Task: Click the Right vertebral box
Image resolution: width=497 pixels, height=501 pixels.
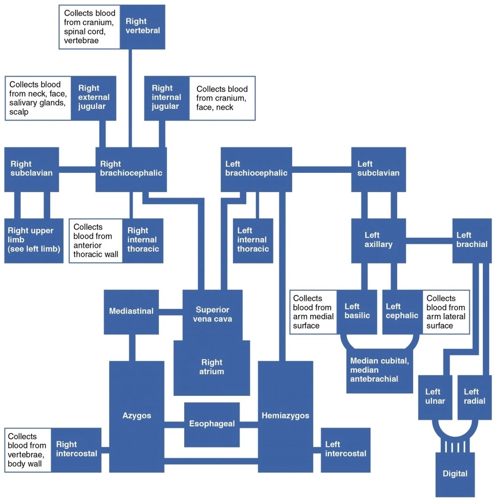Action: click(142, 27)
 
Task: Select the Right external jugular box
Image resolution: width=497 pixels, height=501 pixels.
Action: click(94, 98)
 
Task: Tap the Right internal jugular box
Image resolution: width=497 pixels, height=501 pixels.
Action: click(166, 98)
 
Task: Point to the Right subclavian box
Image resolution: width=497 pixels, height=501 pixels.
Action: click(32, 169)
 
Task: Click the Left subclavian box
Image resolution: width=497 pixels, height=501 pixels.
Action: click(378, 169)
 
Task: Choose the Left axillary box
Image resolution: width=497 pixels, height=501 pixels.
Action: click(378, 240)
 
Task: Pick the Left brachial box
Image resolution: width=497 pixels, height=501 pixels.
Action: click(472, 240)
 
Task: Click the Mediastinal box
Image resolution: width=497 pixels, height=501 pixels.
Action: click(131, 311)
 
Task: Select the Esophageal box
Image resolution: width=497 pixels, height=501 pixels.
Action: click(212, 424)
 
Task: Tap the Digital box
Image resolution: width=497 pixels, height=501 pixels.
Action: click(455, 474)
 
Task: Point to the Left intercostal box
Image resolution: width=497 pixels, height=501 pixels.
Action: click(345, 449)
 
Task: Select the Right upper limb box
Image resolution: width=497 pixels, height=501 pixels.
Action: click(34, 240)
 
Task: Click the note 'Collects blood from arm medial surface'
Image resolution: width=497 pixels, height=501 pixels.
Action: click(313, 312)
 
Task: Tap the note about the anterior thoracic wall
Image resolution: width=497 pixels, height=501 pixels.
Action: click(96, 240)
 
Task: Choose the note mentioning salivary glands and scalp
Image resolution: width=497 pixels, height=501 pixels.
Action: click(38, 98)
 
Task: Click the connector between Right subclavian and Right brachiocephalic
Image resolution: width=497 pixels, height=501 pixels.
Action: click(77, 169)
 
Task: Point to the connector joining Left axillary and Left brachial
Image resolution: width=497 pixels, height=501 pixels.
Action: click(429, 241)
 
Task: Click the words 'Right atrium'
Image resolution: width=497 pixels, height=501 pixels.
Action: click(212, 367)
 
